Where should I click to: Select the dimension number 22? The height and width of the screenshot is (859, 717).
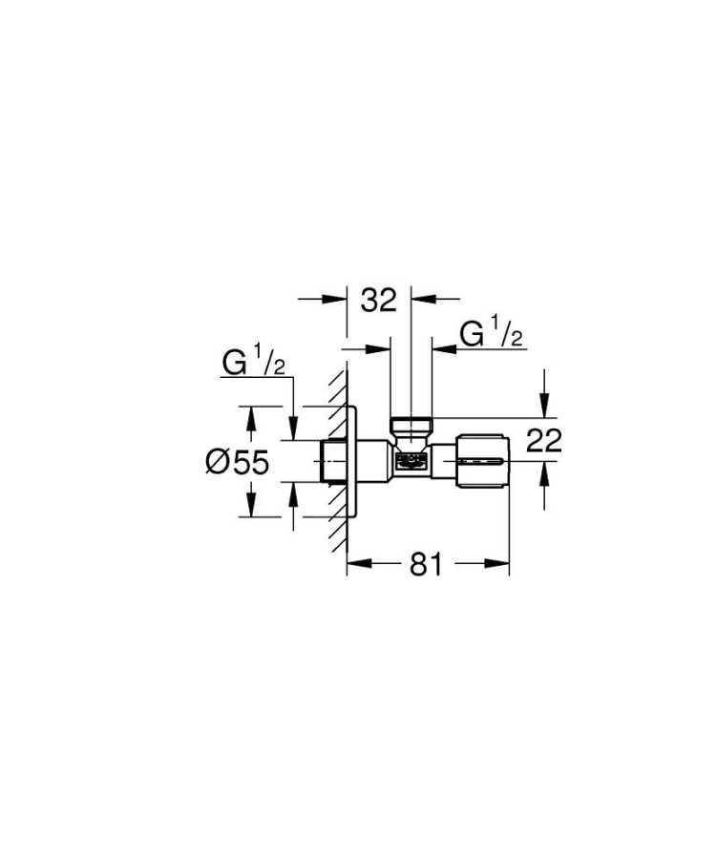pos(543,440)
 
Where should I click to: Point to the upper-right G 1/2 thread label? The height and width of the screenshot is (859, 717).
pos(491,335)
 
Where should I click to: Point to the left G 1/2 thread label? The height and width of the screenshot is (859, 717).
pos(254,364)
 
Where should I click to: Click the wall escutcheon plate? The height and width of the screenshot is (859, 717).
pos(352,462)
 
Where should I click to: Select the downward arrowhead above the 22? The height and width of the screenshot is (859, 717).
pos(544,411)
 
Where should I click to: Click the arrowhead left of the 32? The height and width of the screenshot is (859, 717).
pos(339,300)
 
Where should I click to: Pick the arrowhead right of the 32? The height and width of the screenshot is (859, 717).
pos(417,300)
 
